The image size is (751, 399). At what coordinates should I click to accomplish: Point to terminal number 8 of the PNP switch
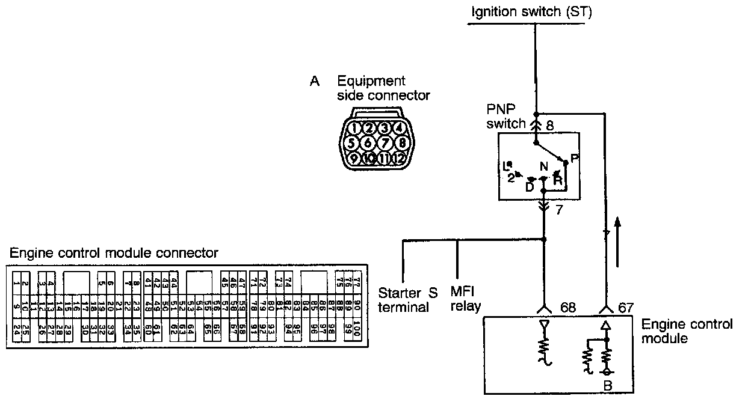[549, 126]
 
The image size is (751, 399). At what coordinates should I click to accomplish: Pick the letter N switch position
[543, 167]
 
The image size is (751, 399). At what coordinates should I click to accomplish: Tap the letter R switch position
[558, 180]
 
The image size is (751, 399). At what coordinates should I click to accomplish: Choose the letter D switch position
[530, 186]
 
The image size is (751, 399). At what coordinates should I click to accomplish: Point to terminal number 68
[567, 308]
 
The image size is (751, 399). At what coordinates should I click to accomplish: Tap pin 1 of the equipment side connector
[356, 128]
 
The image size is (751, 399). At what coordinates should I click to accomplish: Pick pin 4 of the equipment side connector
[398, 127]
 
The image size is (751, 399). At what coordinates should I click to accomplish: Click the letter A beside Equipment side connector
[314, 82]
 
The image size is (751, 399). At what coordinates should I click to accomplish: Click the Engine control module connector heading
[114, 252]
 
